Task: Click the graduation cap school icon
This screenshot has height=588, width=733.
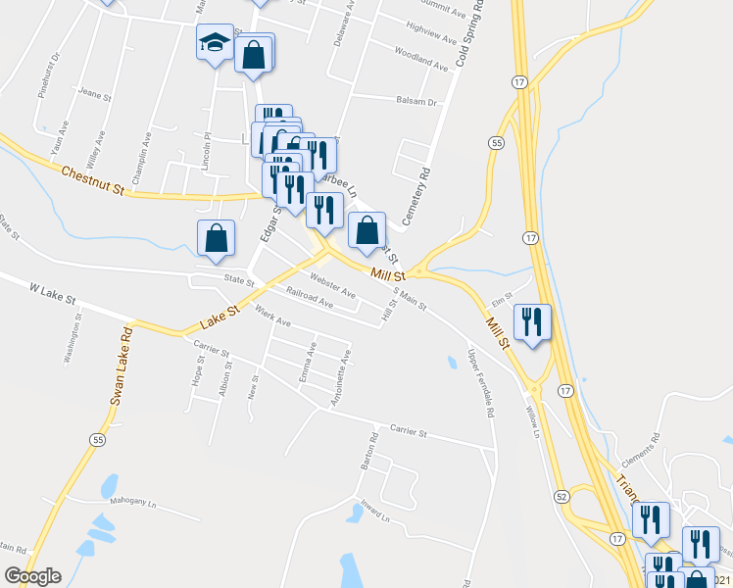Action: pos(215,43)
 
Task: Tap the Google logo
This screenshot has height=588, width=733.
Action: pos(32,576)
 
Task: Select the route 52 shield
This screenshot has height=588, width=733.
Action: pos(560,498)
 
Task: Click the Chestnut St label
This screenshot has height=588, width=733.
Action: pos(94,177)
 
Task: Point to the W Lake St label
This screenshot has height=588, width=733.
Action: pos(53,291)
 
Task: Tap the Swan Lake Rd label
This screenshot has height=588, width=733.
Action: pos(122,364)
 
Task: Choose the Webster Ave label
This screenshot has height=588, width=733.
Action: pos(332,287)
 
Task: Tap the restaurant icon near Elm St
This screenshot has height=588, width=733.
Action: pos(532,321)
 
